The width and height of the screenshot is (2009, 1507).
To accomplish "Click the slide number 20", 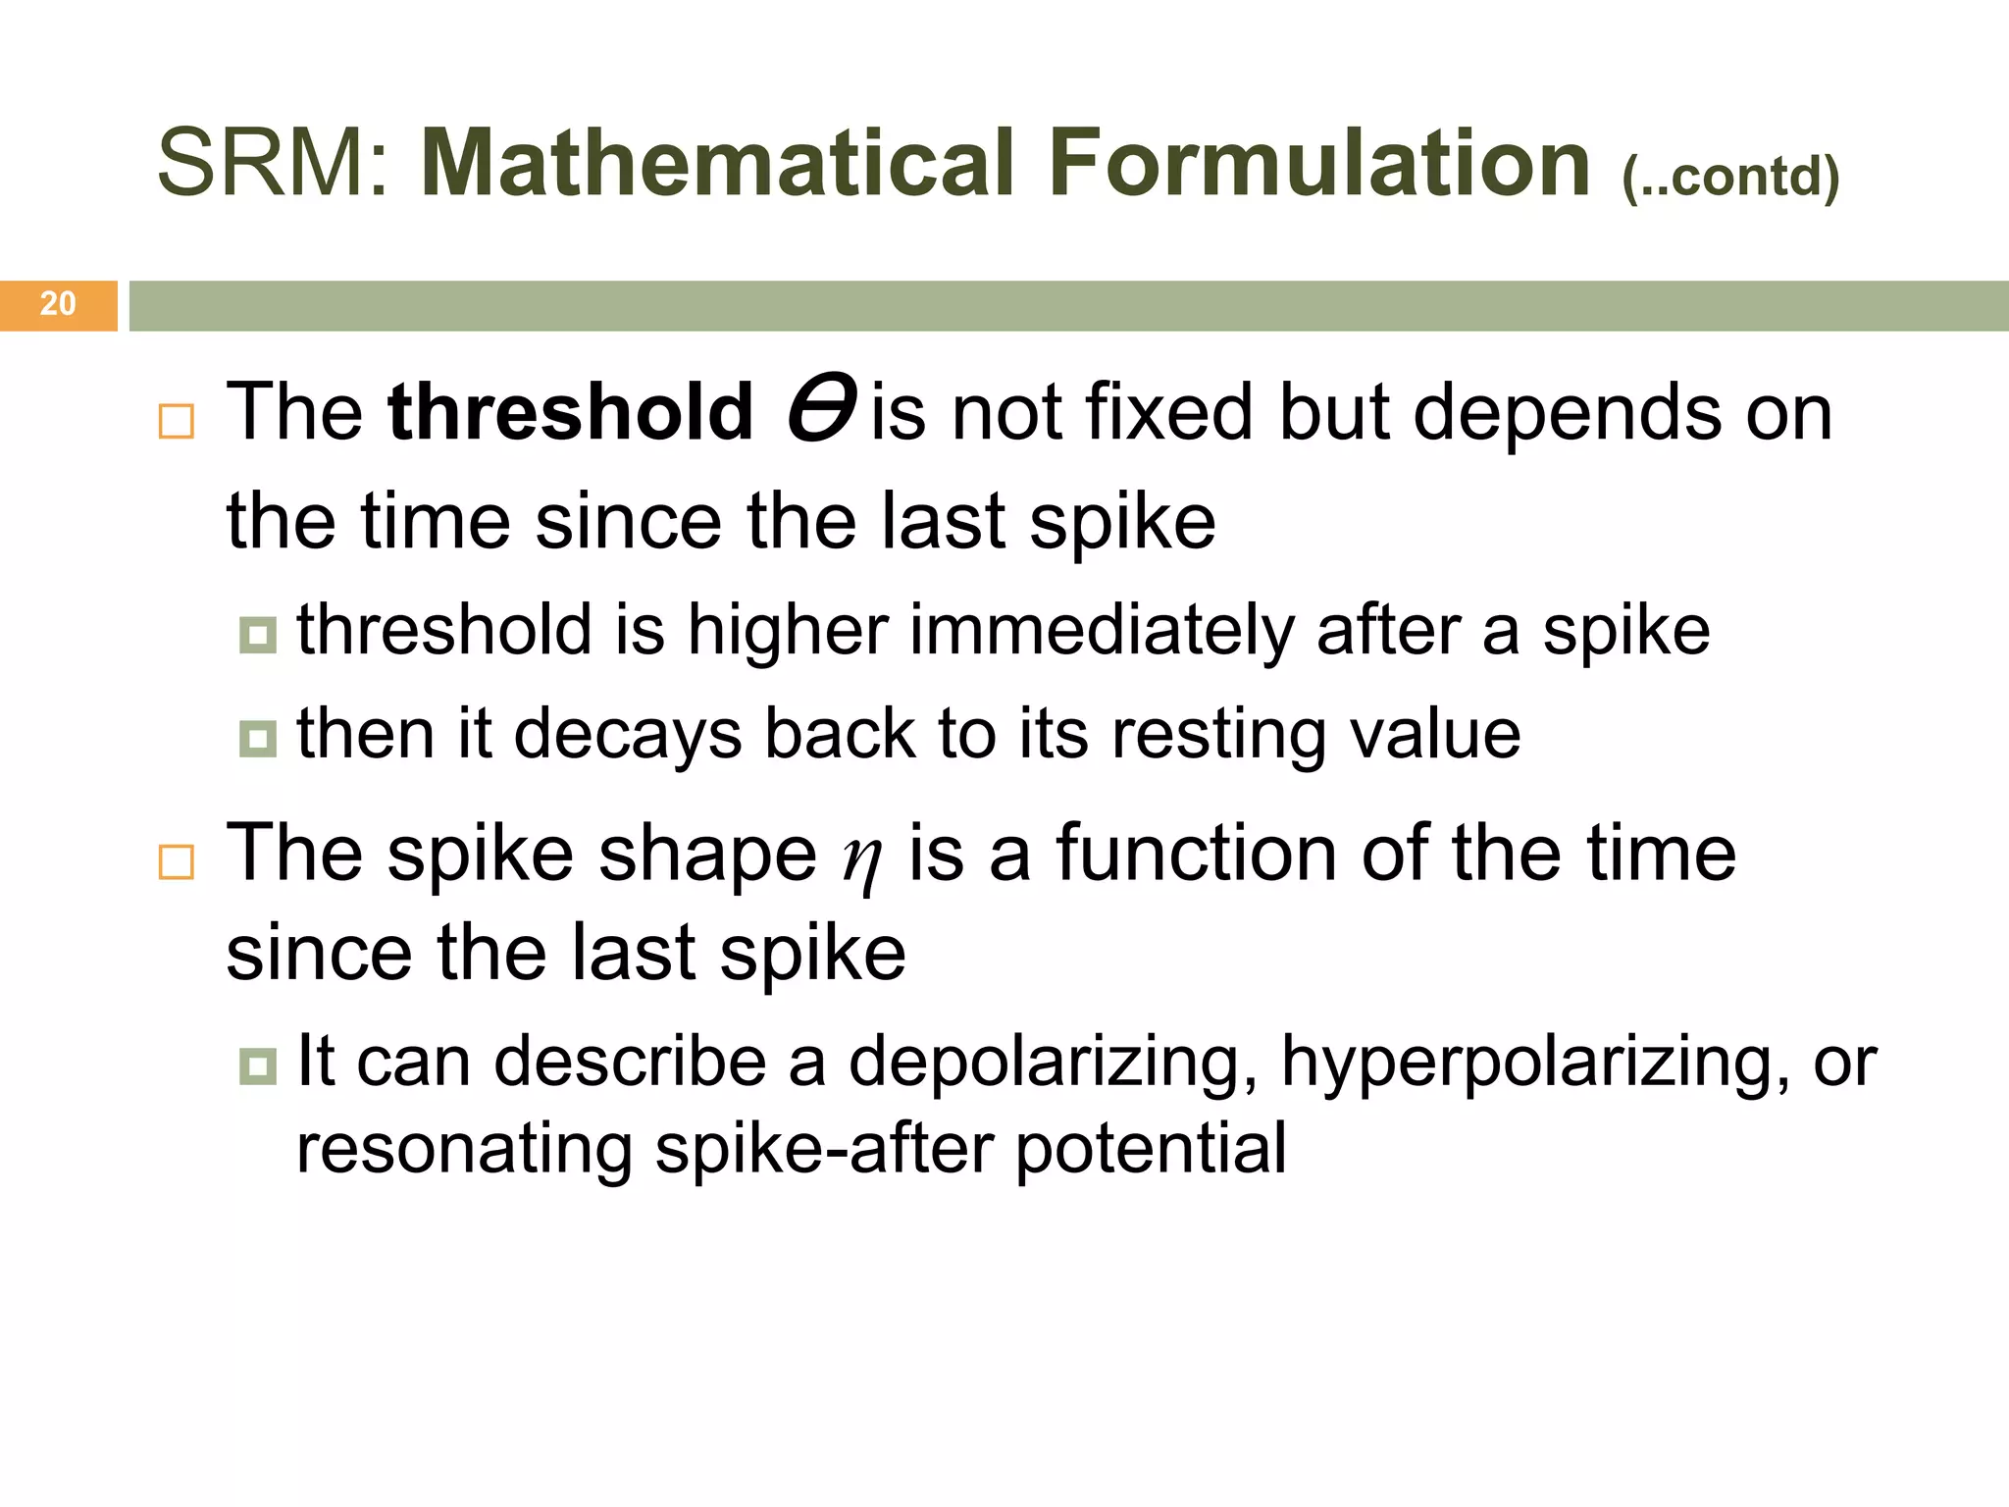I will pos(58,304).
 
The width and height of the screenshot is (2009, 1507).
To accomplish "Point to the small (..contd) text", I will pos(1730,178).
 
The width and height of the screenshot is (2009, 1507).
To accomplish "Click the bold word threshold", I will pos(570,412).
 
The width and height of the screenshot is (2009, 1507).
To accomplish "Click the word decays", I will pos(627,736).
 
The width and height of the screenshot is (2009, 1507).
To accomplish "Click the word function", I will pos(1195,854).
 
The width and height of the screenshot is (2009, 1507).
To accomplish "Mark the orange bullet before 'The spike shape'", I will pos(177,861).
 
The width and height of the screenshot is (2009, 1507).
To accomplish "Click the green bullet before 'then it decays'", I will pos(258,739).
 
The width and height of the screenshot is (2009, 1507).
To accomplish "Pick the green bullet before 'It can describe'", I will pos(258,1065).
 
